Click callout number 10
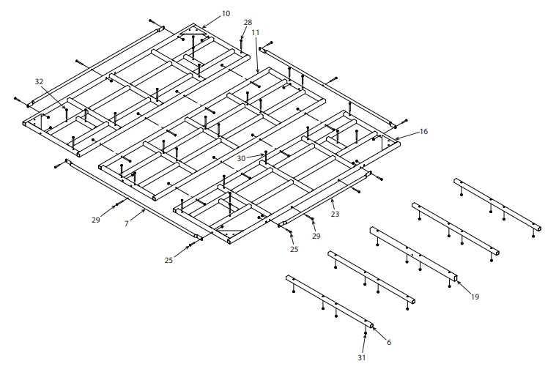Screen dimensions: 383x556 coord(225,14)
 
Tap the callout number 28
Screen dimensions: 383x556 coord(248,22)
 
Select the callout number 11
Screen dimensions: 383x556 coord(255,33)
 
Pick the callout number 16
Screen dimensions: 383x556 coord(423,132)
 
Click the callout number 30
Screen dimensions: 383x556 coord(242,157)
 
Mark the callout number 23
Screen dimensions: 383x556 coord(336,215)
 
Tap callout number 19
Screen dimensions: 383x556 coord(475,297)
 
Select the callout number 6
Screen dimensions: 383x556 coord(388,342)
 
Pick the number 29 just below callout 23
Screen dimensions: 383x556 coord(316,236)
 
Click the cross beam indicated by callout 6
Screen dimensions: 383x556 coord(330,301)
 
